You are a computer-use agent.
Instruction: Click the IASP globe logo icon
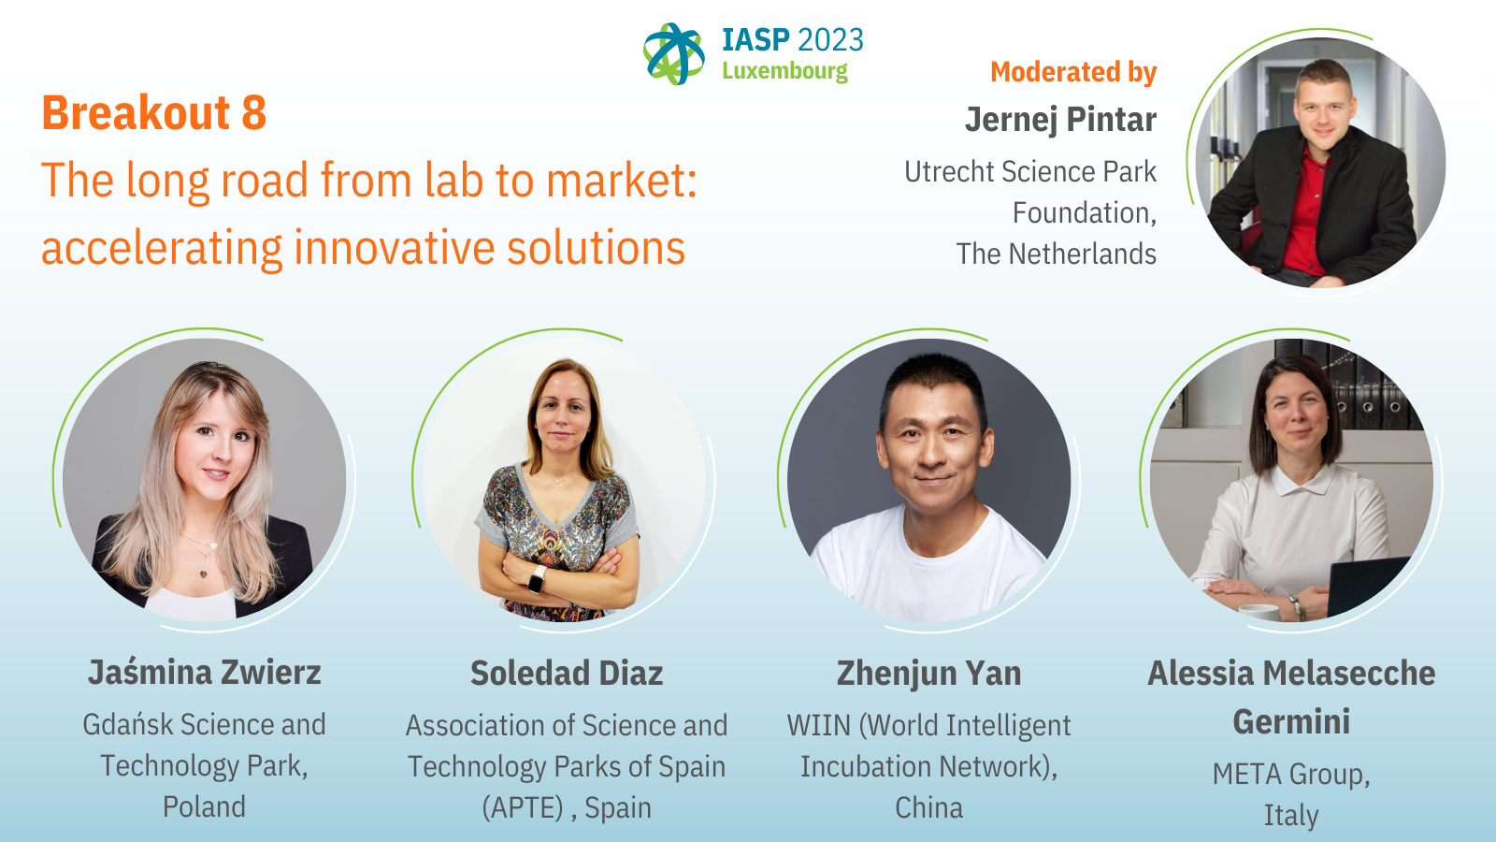tap(673, 54)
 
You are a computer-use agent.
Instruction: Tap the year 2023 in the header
tap(831, 40)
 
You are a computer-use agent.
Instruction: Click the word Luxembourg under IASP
tap(784, 71)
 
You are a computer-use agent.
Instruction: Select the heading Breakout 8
tap(154, 112)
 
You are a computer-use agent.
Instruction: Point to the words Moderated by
tap(1073, 72)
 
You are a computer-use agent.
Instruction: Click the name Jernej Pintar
tap(1060, 120)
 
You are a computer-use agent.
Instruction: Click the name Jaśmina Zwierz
tap(205, 673)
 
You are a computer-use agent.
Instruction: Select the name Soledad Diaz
tap(567, 673)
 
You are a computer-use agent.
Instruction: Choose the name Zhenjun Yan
tap(929, 674)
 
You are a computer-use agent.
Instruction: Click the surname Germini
tap(1291, 721)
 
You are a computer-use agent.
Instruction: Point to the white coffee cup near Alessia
tap(1259, 612)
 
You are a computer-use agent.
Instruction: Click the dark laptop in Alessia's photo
tap(1367, 586)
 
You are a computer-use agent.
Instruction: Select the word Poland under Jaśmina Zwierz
tap(205, 807)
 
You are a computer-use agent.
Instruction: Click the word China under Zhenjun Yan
tap(929, 808)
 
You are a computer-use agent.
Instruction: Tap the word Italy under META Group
tap(1291, 816)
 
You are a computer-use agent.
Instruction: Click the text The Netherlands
tap(1056, 254)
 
